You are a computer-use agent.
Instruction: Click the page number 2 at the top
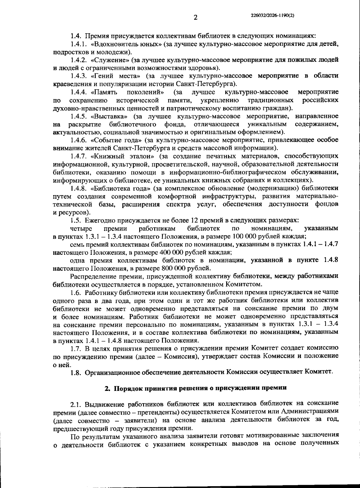[x=195, y=17]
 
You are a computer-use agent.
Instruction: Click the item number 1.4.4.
[x=79, y=92]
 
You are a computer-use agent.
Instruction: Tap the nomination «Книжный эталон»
[x=123, y=156]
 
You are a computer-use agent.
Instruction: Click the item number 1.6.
[x=76, y=292]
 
